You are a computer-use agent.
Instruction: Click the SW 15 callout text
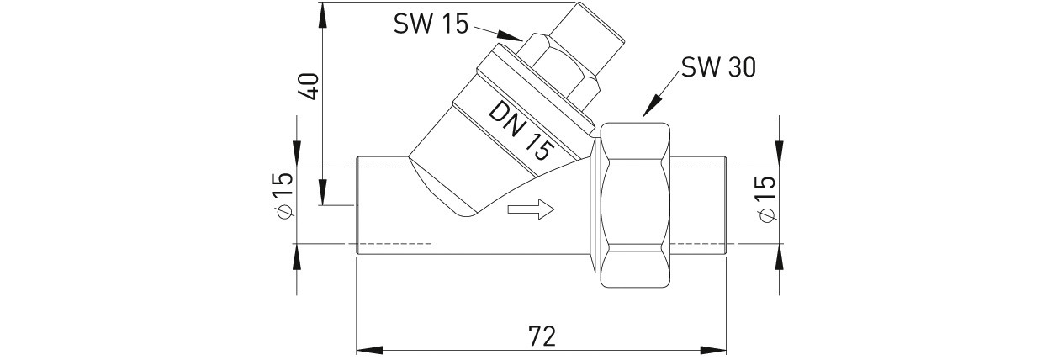(x=431, y=24)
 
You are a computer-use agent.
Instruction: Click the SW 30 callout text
(x=718, y=67)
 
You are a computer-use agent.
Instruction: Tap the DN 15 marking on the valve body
(x=520, y=133)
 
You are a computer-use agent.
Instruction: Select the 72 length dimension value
(x=542, y=336)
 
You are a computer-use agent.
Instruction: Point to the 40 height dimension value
(x=310, y=86)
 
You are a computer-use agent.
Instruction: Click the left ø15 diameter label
(x=283, y=195)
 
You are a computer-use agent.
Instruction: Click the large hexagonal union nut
(x=637, y=205)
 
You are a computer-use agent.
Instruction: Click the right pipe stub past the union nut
(x=699, y=206)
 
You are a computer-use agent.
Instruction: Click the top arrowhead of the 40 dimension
(x=322, y=15)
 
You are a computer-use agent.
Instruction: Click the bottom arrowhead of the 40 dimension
(x=322, y=192)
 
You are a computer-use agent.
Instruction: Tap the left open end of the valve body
(x=357, y=206)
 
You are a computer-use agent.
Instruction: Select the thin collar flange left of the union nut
(x=596, y=205)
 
